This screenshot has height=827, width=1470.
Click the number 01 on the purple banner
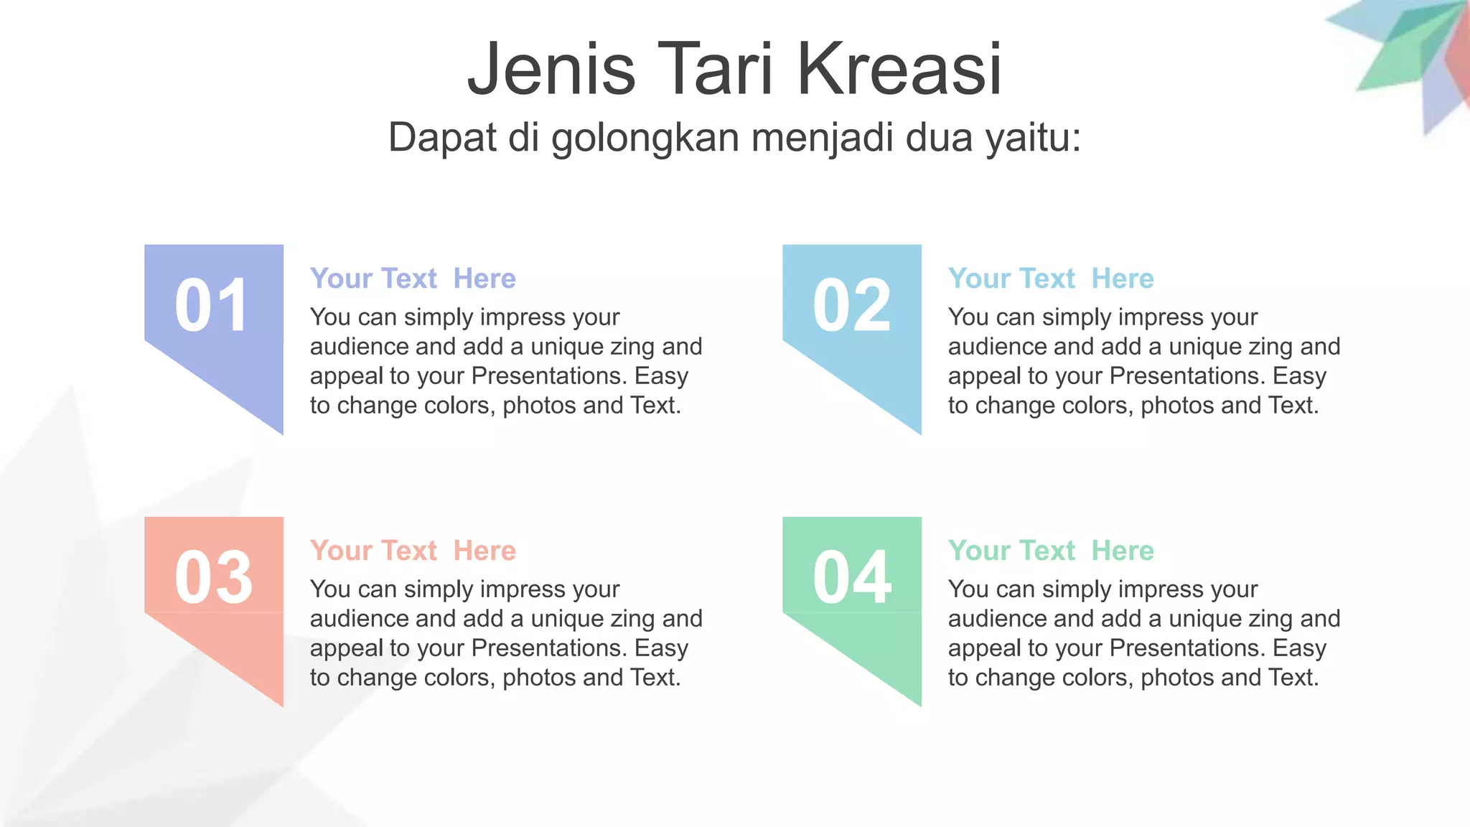pyautogui.click(x=212, y=306)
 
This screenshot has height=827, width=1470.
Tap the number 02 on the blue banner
pyautogui.click(x=851, y=306)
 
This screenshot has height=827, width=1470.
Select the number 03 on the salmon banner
pyautogui.click(x=213, y=578)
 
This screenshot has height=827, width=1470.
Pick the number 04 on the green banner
pyautogui.click(x=852, y=578)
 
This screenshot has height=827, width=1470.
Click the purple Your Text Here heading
pyautogui.click(x=413, y=279)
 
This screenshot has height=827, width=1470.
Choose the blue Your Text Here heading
pyautogui.click(x=1051, y=279)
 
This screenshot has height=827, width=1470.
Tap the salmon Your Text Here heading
pyautogui.click(x=413, y=551)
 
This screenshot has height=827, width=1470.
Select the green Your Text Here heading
pyautogui.click(x=1051, y=551)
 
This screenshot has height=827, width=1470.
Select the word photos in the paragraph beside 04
pyautogui.click(x=1178, y=678)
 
